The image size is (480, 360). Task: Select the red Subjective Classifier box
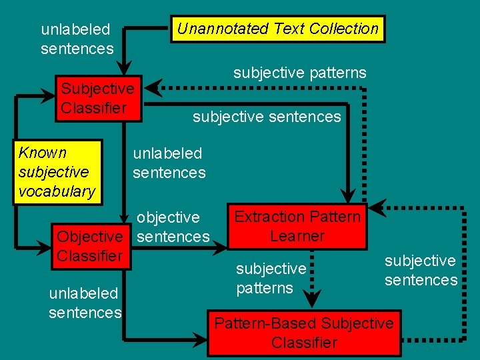tap(98, 99)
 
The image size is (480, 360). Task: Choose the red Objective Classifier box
tap(91, 246)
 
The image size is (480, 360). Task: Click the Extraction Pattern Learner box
tap(297, 227)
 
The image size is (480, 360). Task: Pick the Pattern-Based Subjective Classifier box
tap(303, 333)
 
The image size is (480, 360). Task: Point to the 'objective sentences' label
tap(173, 227)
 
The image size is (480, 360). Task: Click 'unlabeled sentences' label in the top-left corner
tap(76, 39)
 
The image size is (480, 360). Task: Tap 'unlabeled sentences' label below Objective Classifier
tap(85, 303)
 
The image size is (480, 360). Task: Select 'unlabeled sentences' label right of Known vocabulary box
tap(169, 163)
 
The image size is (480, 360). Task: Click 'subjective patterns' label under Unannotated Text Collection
tap(299, 73)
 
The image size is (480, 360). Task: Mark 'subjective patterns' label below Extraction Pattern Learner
tap(271, 278)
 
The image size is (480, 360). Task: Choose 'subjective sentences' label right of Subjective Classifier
tap(266, 117)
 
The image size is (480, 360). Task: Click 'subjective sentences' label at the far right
tap(421, 270)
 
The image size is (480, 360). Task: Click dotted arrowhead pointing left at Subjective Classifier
tap(153, 88)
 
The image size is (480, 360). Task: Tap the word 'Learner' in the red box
tap(297, 236)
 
